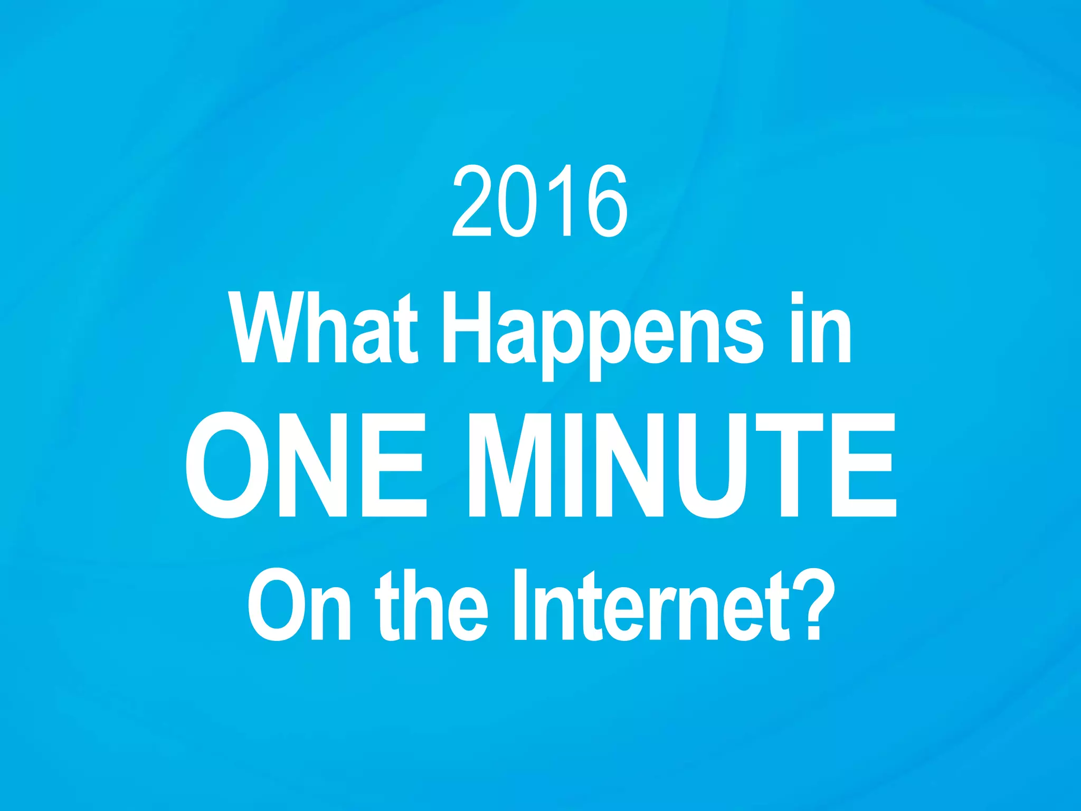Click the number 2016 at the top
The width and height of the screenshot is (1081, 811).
tap(540, 201)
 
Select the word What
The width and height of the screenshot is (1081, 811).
tap(324, 328)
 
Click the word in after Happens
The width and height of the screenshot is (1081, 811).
tap(821, 328)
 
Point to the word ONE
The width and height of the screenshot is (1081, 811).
tap(306, 465)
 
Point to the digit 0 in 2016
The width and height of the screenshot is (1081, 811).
tap(516, 201)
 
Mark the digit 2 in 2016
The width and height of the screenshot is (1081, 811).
tap(472, 201)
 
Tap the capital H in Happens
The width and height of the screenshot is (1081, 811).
tap(466, 328)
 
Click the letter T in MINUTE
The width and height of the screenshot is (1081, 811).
tap(789, 465)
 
